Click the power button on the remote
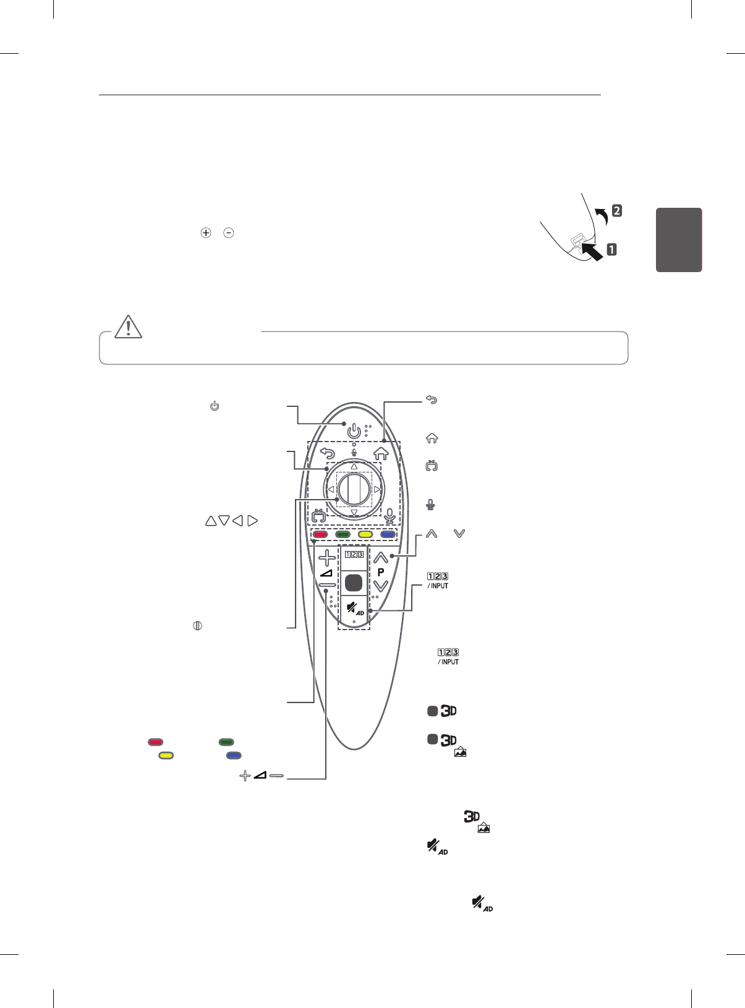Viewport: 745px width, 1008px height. pyautogui.click(x=354, y=430)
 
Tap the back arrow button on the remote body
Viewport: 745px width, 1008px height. pyautogui.click(x=327, y=453)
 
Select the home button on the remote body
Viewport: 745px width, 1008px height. pyautogui.click(x=381, y=453)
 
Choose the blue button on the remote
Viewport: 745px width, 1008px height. pyautogui.click(x=388, y=535)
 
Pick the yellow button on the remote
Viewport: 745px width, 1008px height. pyautogui.click(x=365, y=535)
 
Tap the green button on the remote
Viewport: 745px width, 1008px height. pyautogui.click(x=343, y=535)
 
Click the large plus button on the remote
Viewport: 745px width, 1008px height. pyautogui.click(x=327, y=558)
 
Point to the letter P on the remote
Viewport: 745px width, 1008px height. pyautogui.click(x=381, y=572)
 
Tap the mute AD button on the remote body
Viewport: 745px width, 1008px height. pyautogui.click(x=354, y=609)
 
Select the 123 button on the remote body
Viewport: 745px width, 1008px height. pyautogui.click(x=354, y=555)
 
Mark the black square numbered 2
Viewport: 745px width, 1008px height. pyautogui.click(x=616, y=210)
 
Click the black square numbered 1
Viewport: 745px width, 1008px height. pyautogui.click(x=611, y=250)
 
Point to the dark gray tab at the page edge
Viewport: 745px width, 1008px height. pyautogui.click(x=679, y=240)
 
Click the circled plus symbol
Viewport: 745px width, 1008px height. pyautogui.click(x=206, y=233)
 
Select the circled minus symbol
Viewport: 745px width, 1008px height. pyautogui.click(x=229, y=233)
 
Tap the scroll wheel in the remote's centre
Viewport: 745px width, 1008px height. pyautogui.click(x=354, y=490)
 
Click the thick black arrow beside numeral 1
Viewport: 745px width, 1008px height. pyautogui.click(x=592, y=251)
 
